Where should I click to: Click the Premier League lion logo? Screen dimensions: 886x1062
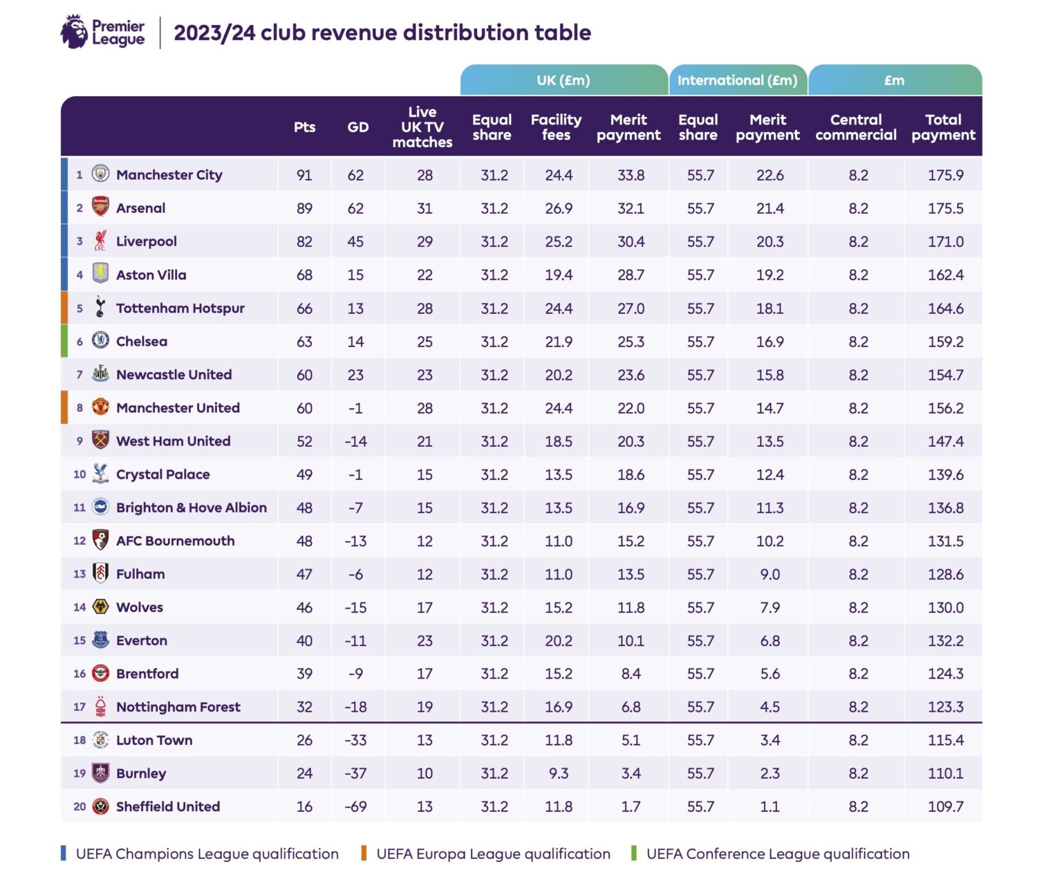pos(73,32)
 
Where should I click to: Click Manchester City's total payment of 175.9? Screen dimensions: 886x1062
pos(945,175)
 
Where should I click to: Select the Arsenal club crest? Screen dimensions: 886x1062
pos(101,207)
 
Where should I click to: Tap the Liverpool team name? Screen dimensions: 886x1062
pos(147,241)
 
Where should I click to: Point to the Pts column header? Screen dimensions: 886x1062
pos(304,127)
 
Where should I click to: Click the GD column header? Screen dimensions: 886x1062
pos(357,127)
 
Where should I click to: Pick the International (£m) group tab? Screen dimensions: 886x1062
pos(737,80)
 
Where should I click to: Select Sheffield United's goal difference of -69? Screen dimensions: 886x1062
pos(355,806)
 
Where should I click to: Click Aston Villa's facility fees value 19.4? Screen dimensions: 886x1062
pos(558,275)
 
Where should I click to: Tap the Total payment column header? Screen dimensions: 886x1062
pos(943,127)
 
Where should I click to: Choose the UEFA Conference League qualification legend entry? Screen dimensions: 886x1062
pos(777,853)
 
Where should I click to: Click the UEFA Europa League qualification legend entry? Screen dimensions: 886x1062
pos(492,853)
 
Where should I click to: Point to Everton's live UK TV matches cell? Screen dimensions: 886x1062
pos(425,640)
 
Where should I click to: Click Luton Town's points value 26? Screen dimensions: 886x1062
pos(304,740)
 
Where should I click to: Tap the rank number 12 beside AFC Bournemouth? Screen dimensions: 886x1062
pos(80,541)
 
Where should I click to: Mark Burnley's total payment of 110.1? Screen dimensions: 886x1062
pos(945,773)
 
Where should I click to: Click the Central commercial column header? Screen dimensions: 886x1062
pos(855,127)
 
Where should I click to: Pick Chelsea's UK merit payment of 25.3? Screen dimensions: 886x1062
pos(631,342)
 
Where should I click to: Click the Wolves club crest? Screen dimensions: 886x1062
pos(101,607)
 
